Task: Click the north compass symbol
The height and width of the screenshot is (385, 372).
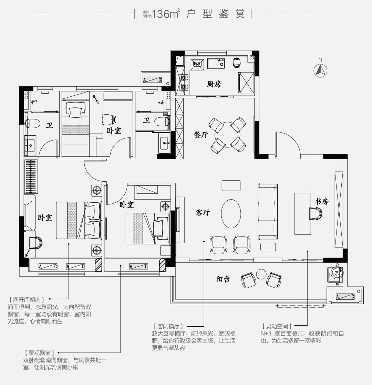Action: [x=320, y=70]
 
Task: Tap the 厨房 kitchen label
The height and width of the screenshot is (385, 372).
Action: [x=214, y=84]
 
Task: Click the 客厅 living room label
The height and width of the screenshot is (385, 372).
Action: [x=203, y=213]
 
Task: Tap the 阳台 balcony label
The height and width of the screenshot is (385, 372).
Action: [x=223, y=279]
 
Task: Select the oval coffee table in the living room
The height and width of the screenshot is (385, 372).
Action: [x=231, y=214]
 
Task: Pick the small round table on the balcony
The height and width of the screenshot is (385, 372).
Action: [x=261, y=275]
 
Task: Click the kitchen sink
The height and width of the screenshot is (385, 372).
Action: [x=216, y=64]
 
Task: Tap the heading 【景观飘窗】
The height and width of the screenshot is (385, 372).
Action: [x=39, y=353]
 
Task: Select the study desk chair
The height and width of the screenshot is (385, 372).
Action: [x=316, y=214]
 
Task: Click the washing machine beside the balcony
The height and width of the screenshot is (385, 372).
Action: [x=335, y=273]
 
